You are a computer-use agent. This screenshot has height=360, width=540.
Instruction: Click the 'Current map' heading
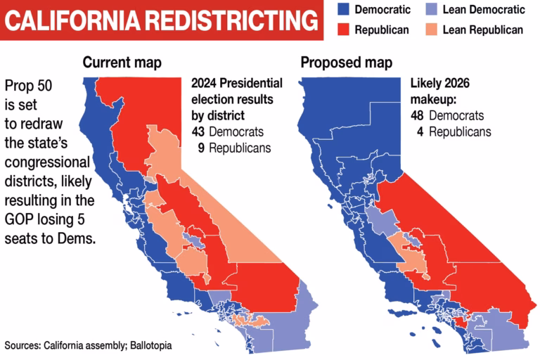click(x=122, y=63)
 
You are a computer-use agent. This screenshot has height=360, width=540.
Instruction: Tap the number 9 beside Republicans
click(x=201, y=148)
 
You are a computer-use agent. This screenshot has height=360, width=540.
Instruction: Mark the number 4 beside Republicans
click(x=419, y=131)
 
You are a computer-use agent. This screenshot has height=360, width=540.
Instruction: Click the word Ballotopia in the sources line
click(x=147, y=346)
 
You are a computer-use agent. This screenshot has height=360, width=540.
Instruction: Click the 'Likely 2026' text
click(x=440, y=83)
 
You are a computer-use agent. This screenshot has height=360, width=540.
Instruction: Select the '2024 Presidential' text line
click(x=237, y=83)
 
